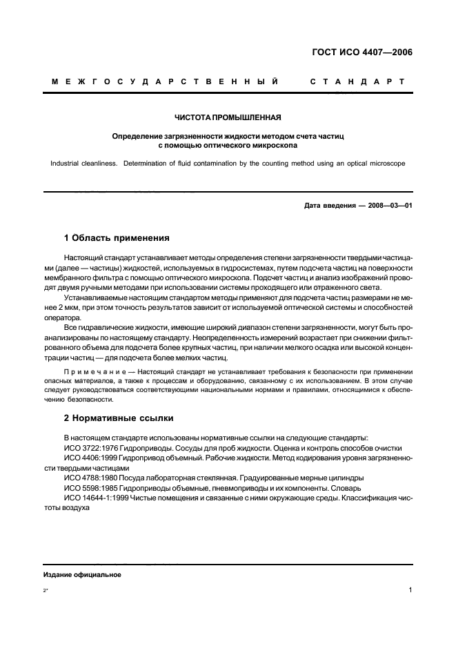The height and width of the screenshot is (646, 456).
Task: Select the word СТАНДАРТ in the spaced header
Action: (x=357, y=82)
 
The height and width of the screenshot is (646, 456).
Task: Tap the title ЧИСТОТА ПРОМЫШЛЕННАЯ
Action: (x=228, y=117)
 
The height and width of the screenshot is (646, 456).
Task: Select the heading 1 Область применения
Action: (x=117, y=238)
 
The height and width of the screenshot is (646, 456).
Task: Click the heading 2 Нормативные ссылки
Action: (x=119, y=418)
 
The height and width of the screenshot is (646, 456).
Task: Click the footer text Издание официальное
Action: (x=82, y=574)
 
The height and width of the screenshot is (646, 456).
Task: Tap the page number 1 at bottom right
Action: (x=410, y=591)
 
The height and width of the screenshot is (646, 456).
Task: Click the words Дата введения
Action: (x=329, y=206)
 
